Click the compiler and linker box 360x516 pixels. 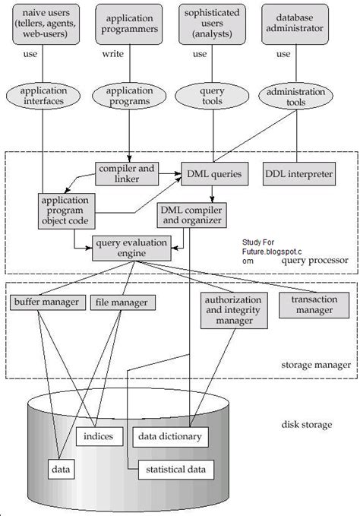[127, 174]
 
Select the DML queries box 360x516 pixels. [215, 174]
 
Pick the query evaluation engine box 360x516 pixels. [131, 249]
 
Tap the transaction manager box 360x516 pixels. [314, 303]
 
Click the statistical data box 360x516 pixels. [175, 470]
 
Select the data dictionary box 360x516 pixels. [169, 436]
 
